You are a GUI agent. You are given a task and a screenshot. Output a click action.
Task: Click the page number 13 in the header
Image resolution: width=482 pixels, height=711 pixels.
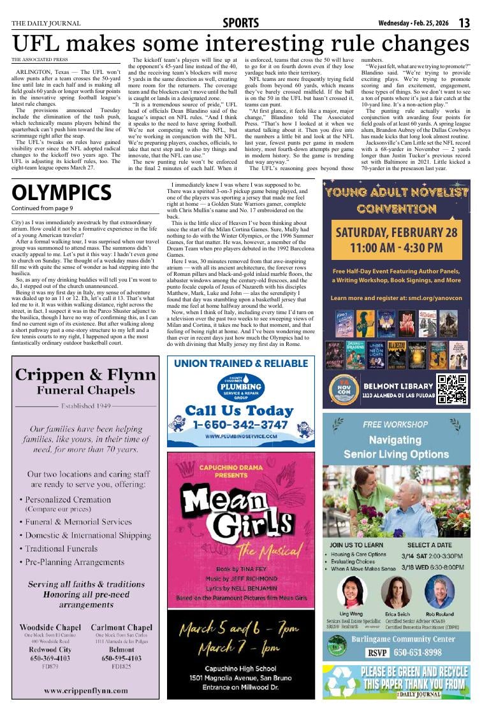coord(464,23)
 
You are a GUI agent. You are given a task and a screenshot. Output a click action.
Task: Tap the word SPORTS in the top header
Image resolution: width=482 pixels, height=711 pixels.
coord(241,23)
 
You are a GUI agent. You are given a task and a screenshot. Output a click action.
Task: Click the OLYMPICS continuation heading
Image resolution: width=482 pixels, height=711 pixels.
coord(61,193)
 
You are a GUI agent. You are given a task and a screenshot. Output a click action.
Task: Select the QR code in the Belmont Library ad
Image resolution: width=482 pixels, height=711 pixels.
coord(451,389)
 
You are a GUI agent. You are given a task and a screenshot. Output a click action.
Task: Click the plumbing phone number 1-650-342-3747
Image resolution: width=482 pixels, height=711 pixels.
coord(240,425)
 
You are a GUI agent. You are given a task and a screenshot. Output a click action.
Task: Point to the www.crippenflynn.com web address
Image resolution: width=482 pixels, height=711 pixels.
coord(85,690)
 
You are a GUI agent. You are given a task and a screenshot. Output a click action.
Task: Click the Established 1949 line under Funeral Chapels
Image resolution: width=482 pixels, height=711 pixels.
coord(85,405)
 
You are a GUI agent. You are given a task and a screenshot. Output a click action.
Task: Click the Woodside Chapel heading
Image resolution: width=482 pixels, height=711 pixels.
coord(50,627)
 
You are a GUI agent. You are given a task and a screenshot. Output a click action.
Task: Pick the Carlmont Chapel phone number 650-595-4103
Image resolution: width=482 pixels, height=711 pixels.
coord(121,658)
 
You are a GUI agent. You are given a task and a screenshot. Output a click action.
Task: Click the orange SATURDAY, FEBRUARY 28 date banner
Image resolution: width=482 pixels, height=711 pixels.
coord(396,240)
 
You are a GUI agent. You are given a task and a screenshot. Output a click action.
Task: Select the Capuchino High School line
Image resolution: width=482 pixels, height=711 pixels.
coord(240,668)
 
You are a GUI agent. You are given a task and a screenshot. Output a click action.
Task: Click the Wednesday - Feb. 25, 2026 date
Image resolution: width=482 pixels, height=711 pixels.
coord(414,24)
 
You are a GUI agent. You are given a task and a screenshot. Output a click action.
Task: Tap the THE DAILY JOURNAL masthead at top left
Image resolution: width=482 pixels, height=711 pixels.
coord(46,24)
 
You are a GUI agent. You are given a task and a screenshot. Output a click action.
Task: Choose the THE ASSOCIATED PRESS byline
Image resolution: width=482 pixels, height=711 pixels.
coord(40,59)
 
